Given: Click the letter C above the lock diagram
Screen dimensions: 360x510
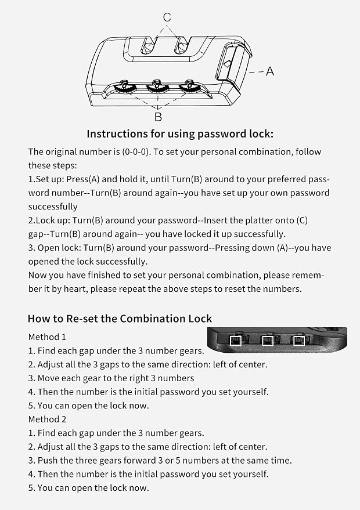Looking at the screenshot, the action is click(167, 17).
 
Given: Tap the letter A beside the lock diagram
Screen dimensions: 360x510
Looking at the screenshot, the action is click(270, 71).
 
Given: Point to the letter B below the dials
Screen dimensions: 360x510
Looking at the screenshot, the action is click(158, 117).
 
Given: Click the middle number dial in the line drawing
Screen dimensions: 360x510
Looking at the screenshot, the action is click(158, 87).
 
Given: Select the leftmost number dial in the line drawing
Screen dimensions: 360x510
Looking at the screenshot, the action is click(125, 87).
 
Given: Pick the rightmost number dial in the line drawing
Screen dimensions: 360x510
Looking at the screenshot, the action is click(190, 87).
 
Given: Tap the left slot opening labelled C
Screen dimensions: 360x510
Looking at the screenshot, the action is click(148, 45).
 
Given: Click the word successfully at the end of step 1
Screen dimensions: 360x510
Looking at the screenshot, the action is click(53, 207).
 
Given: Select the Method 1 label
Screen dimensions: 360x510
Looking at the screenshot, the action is click(47, 337).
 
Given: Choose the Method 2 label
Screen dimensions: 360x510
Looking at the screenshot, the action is click(47, 419).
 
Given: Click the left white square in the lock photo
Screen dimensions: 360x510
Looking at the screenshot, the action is click(235, 341).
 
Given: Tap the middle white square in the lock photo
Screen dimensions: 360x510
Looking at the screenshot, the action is click(267, 341).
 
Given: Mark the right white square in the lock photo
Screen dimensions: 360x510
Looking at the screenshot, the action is click(298, 341).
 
